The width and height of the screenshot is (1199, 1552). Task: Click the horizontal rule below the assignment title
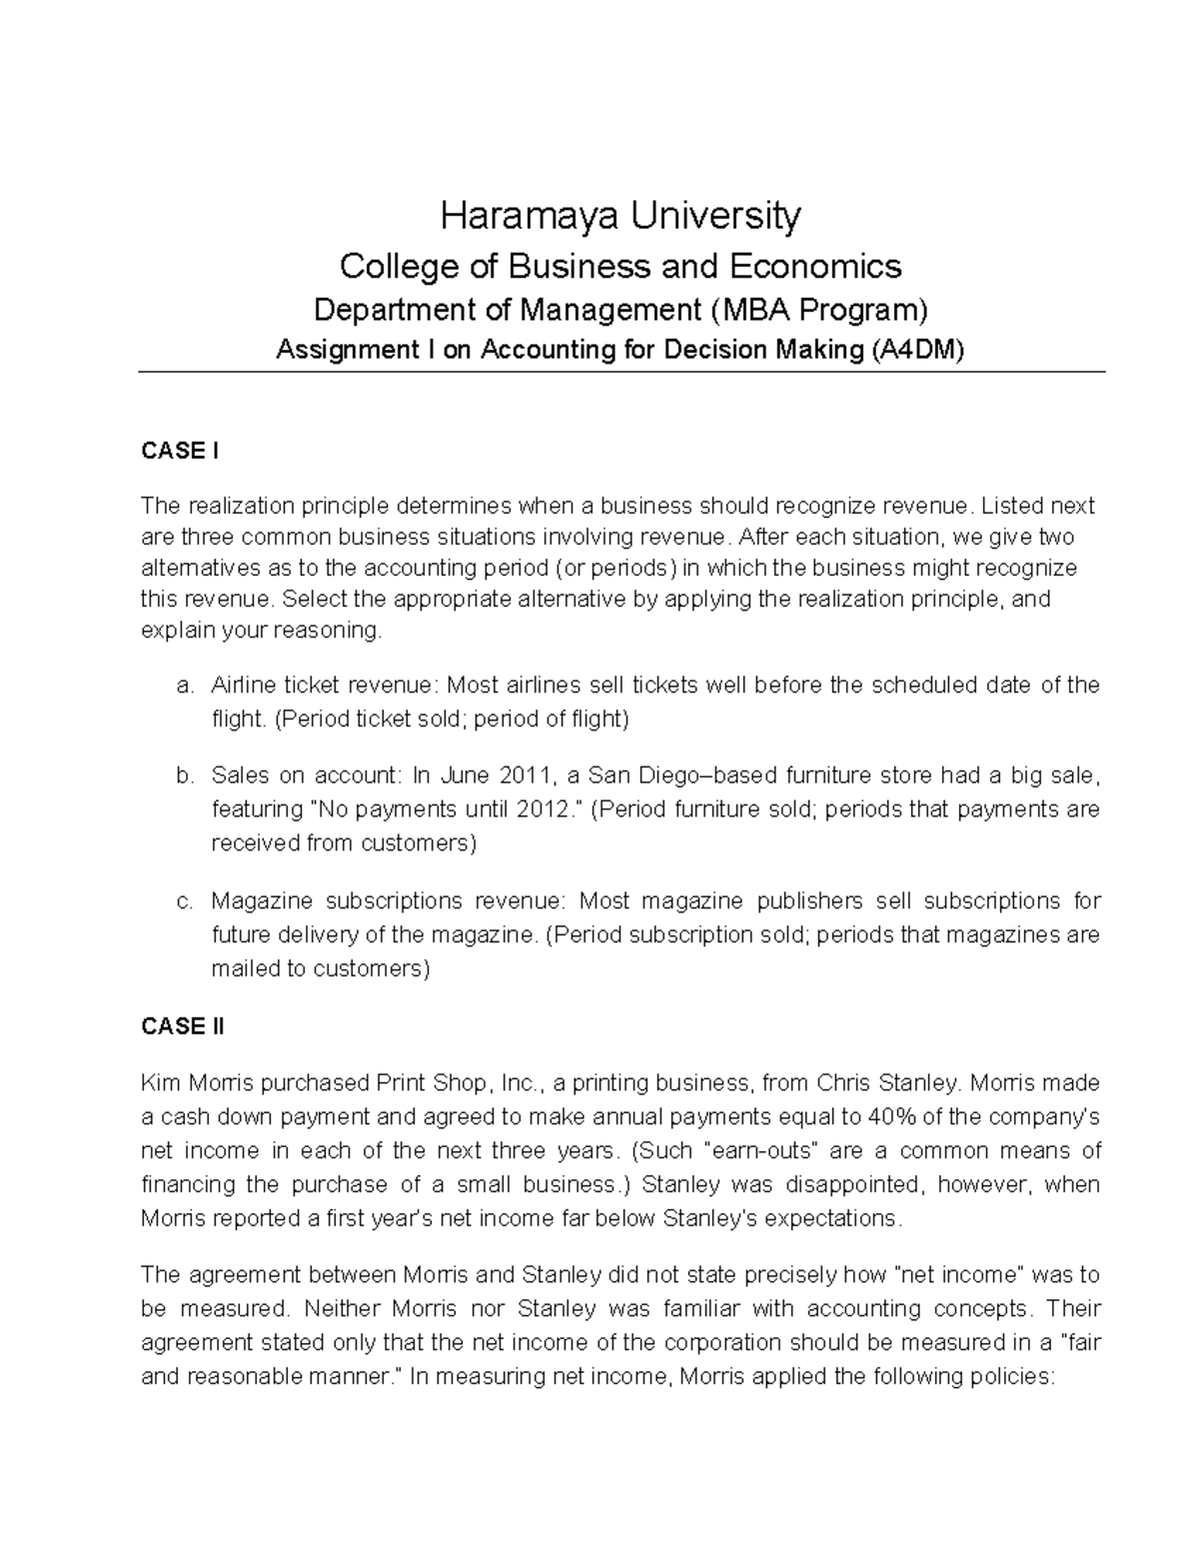point(620,373)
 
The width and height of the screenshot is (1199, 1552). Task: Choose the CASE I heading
point(180,452)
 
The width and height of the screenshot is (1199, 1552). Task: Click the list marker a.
point(183,686)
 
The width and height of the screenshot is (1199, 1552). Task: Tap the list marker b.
point(183,776)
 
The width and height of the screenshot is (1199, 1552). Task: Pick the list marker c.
point(183,901)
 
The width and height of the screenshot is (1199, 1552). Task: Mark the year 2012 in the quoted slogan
point(545,809)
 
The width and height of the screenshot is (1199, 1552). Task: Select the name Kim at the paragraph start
point(157,1083)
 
